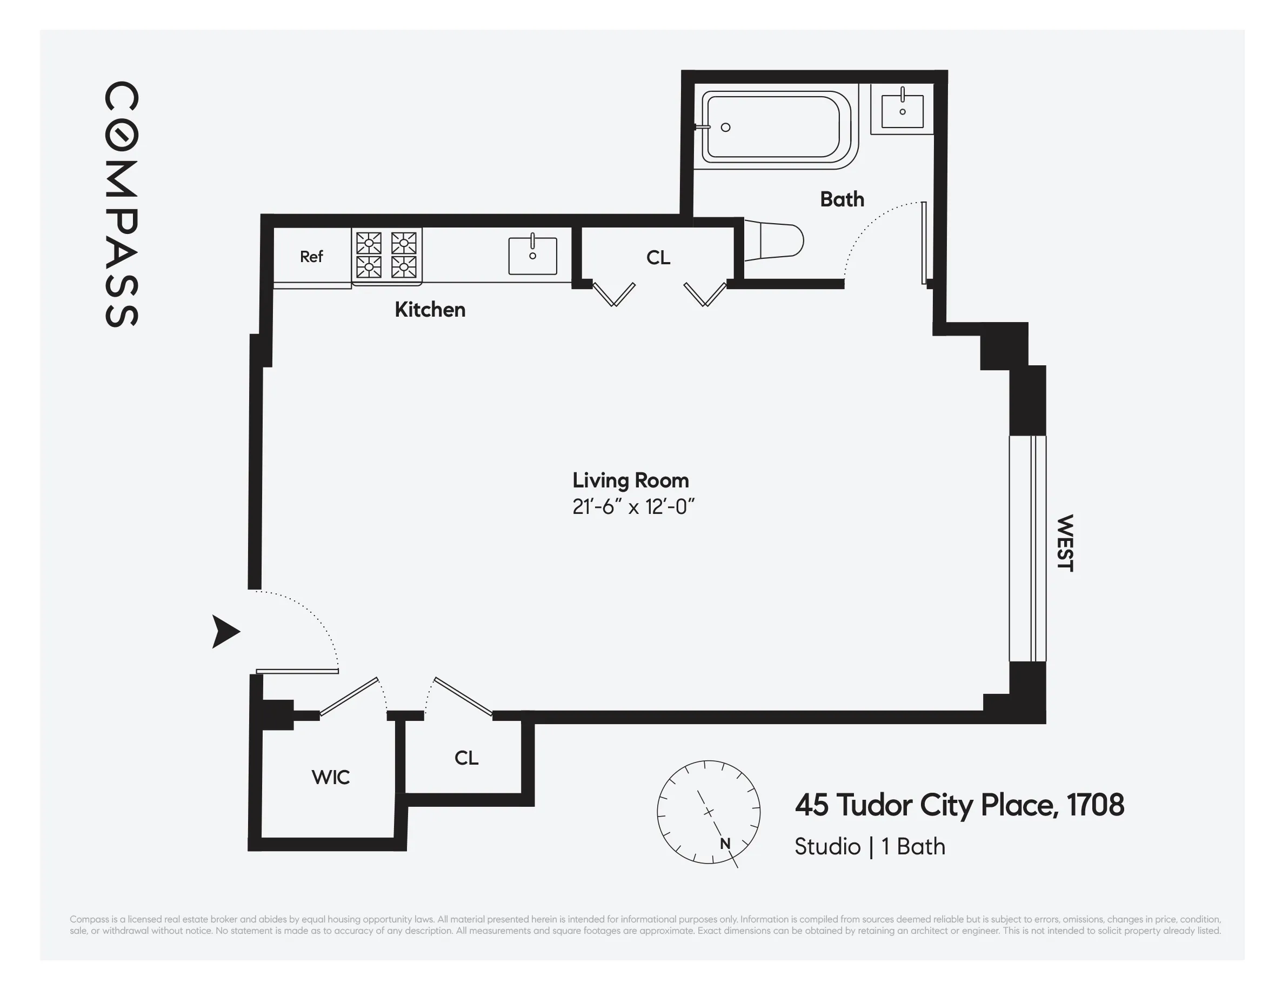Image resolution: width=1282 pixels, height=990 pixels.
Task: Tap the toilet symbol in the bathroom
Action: tap(775, 240)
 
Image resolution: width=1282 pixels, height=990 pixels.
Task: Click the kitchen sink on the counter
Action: tap(532, 256)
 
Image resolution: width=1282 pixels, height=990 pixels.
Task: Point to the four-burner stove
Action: tap(386, 255)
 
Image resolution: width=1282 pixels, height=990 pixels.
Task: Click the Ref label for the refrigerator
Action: tap(311, 257)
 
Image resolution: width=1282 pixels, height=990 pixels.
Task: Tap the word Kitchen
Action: tap(430, 310)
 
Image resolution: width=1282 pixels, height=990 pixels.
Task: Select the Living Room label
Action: tap(630, 480)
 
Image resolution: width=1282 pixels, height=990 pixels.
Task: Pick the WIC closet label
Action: tap(330, 778)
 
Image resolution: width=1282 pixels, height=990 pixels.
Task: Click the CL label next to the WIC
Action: tap(466, 758)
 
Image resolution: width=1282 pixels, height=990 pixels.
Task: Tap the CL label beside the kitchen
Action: tap(658, 258)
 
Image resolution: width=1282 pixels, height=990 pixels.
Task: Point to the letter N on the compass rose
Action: tap(725, 844)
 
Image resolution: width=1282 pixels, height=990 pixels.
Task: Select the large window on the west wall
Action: tap(1027, 548)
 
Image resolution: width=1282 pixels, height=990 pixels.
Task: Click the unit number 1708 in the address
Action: tap(1095, 805)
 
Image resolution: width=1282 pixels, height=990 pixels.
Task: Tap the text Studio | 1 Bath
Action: tap(869, 847)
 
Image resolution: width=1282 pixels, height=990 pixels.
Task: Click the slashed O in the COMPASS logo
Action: tap(122, 135)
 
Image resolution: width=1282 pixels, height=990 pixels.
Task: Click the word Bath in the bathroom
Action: tap(842, 199)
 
